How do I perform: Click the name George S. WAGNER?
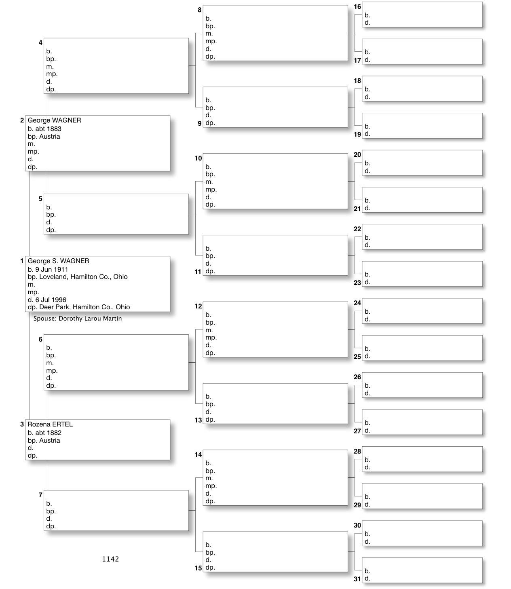[x=58, y=261]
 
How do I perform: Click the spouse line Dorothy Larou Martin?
[x=78, y=319]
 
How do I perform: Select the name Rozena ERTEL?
[x=50, y=424]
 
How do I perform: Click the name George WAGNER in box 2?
[x=54, y=120]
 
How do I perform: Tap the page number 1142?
[x=110, y=559]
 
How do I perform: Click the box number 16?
[x=357, y=6]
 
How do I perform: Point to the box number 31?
[x=357, y=579]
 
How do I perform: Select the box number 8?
[x=200, y=10]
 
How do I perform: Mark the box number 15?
[x=198, y=568]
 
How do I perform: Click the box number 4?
[x=40, y=42]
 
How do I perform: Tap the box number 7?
[x=40, y=495]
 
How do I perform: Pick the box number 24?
[x=357, y=303]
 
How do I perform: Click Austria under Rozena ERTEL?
[x=50, y=440]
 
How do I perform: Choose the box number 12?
[x=198, y=306]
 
